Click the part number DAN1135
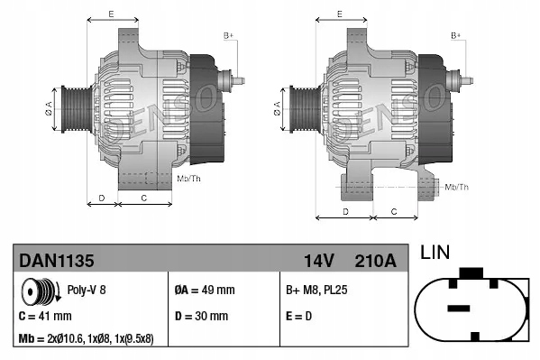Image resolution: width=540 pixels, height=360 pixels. (57, 261)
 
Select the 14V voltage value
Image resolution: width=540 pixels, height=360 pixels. (318, 261)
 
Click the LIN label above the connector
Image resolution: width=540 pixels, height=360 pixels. (435, 254)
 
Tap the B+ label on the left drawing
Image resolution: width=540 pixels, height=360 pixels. (228, 34)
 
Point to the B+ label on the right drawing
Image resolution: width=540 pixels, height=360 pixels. (455, 34)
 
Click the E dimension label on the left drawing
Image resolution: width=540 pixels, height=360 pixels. (110, 14)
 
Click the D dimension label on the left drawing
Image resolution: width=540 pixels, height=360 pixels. (102, 197)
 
